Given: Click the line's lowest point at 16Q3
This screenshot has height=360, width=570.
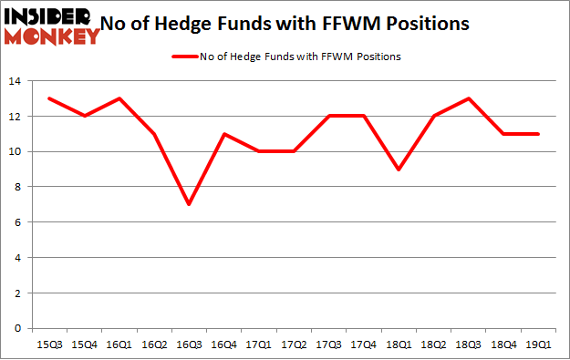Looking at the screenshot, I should tap(188, 204).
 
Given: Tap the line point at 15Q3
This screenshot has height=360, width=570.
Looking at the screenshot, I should tap(49, 98).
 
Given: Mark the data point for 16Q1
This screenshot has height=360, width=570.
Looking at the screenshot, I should tap(118, 98).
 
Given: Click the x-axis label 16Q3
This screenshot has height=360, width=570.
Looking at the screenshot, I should tap(189, 344).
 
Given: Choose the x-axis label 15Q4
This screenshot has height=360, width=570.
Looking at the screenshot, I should tap(85, 344).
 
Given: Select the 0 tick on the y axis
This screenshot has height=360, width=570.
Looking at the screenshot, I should tap(18, 328).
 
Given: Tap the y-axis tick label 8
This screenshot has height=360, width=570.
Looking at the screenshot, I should tap(18, 187).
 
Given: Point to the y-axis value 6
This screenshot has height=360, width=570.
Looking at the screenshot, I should tap(18, 222).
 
